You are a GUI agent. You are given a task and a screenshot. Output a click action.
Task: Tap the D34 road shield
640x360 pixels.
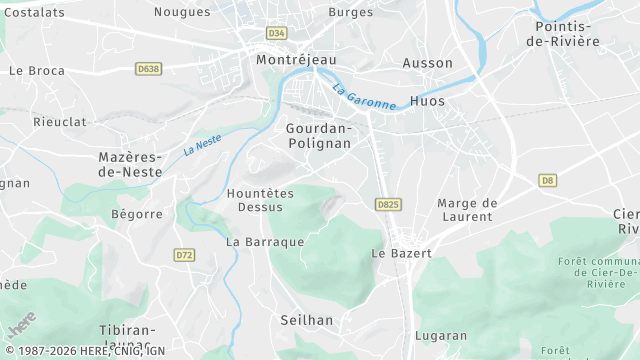(x=277, y=33)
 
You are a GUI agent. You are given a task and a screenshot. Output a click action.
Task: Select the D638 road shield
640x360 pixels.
(x=148, y=69)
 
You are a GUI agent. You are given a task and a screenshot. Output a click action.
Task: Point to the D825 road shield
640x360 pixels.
(x=388, y=204)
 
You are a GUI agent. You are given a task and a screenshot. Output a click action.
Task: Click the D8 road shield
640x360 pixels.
(x=547, y=180)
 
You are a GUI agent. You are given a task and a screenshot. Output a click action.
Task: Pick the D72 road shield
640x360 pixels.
(x=184, y=255)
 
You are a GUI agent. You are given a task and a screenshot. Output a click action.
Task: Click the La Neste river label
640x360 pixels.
(x=202, y=146)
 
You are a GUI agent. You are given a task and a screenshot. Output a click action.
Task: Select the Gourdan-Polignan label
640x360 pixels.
(x=319, y=136)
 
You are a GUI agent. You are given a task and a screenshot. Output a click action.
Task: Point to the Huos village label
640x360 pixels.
(x=427, y=102)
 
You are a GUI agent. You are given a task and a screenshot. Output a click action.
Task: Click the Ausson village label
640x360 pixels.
(x=428, y=63)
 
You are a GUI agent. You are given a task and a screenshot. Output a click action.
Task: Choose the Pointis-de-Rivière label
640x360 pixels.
(x=567, y=34)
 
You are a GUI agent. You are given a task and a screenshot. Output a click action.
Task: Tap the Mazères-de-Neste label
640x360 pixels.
(x=131, y=165)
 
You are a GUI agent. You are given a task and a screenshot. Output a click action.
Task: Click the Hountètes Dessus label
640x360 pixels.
(x=260, y=200)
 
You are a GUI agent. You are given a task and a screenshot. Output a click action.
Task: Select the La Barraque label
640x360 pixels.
(x=265, y=242)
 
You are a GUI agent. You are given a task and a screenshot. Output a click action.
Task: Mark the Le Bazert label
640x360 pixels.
(x=401, y=254)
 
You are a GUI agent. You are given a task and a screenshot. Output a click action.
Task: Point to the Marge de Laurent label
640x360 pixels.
(x=467, y=210)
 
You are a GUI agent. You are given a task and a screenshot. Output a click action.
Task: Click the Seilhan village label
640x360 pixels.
(x=308, y=320)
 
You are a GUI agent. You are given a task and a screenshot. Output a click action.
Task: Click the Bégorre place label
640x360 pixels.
(x=137, y=214)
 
